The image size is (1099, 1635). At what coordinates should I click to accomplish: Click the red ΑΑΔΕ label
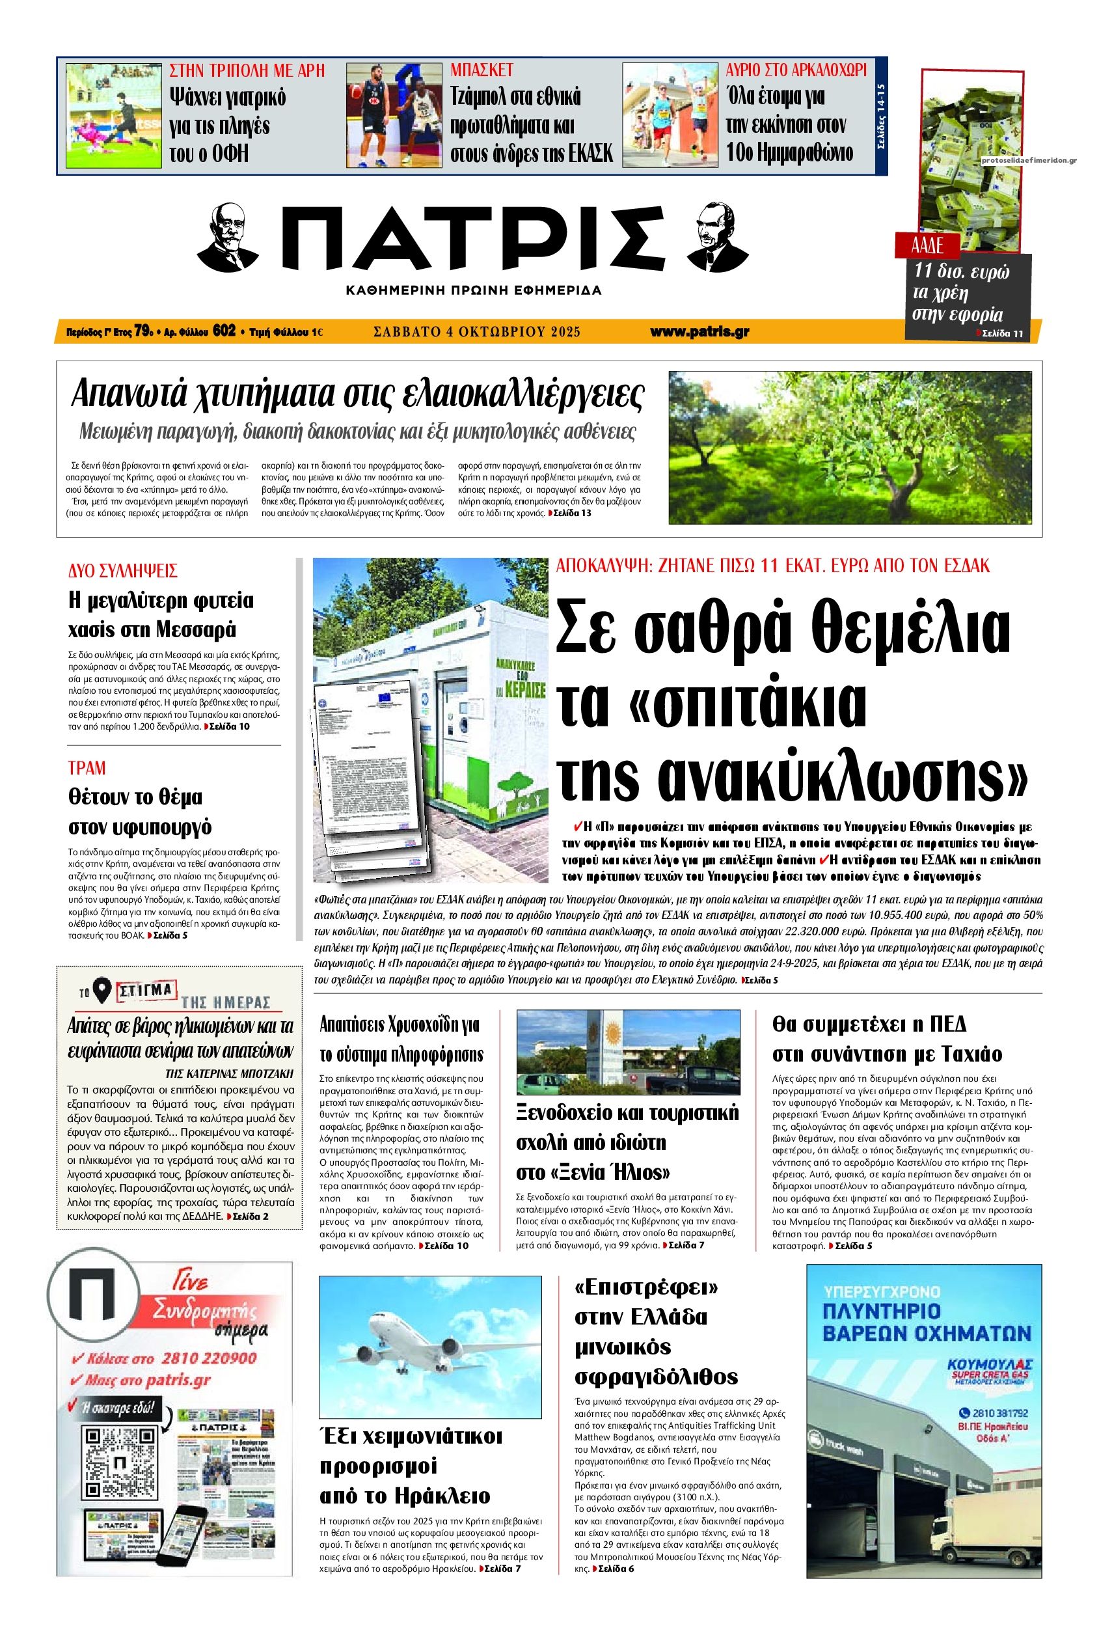927,245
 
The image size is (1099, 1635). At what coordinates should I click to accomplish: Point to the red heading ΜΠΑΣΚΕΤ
482,70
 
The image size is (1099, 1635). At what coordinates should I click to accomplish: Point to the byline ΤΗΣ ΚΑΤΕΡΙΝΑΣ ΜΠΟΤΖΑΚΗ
229,1073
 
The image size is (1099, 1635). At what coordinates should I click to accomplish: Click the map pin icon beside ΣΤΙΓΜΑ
102,989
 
